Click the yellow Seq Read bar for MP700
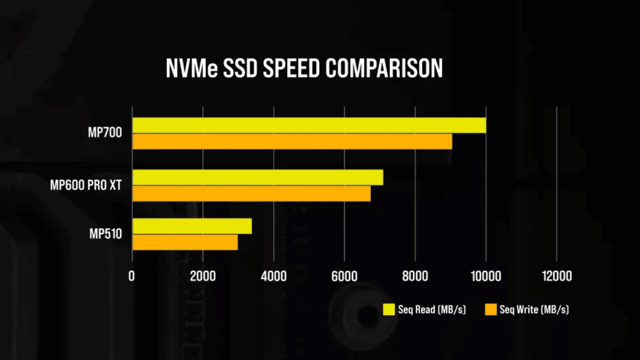point(309,125)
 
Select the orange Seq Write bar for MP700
point(292,141)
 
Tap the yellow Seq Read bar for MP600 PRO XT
point(257,177)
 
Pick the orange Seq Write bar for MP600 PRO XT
point(251,193)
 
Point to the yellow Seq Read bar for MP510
point(192,226)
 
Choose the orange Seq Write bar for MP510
point(185,242)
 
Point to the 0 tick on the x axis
point(132,276)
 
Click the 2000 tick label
point(203,276)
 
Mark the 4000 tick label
point(273,276)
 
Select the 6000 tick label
point(344,276)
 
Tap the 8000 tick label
point(414,276)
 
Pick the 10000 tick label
point(485,276)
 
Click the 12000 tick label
point(556,276)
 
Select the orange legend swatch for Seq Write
point(490,309)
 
